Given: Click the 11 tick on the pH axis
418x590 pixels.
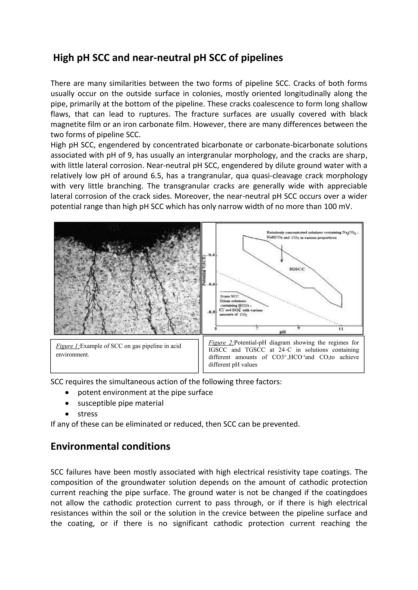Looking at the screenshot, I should (x=341, y=329).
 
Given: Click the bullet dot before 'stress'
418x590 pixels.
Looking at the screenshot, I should (x=67, y=414).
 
